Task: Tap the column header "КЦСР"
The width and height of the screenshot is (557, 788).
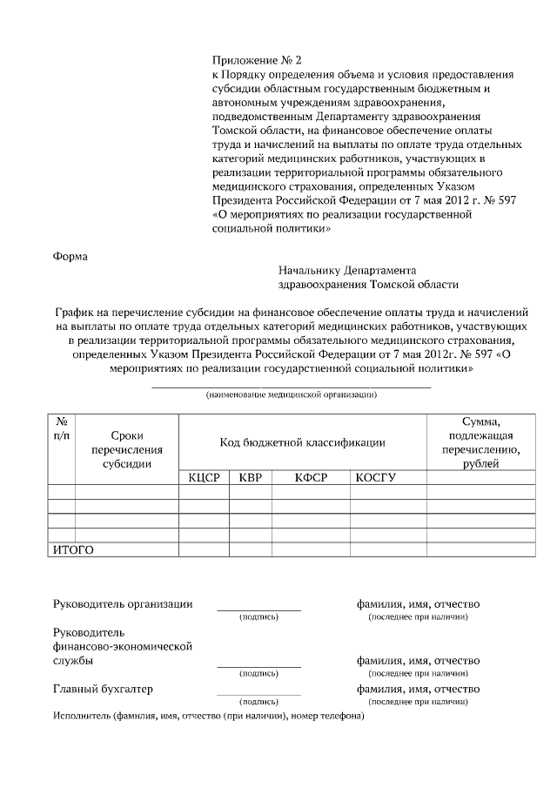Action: (x=204, y=476)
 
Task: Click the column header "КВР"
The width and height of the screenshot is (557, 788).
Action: (x=250, y=476)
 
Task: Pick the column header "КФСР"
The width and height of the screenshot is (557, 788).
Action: (x=311, y=476)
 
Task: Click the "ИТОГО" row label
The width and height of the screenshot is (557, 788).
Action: (x=74, y=549)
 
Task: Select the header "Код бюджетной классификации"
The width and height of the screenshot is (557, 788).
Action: (x=302, y=442)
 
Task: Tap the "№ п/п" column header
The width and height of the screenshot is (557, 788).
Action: (x=62, y=428)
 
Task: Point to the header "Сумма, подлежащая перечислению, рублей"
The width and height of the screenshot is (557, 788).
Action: (x=480, y=442)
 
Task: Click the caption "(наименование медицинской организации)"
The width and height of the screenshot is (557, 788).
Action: (x=291, y=395)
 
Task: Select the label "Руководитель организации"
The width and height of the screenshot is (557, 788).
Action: (x=123, y=604)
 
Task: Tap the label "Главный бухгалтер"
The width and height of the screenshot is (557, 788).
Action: (x=103, y=689)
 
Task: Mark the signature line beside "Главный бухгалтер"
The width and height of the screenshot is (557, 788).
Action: (x=258, y=694)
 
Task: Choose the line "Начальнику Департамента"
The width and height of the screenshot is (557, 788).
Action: (x=347, y=270)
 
